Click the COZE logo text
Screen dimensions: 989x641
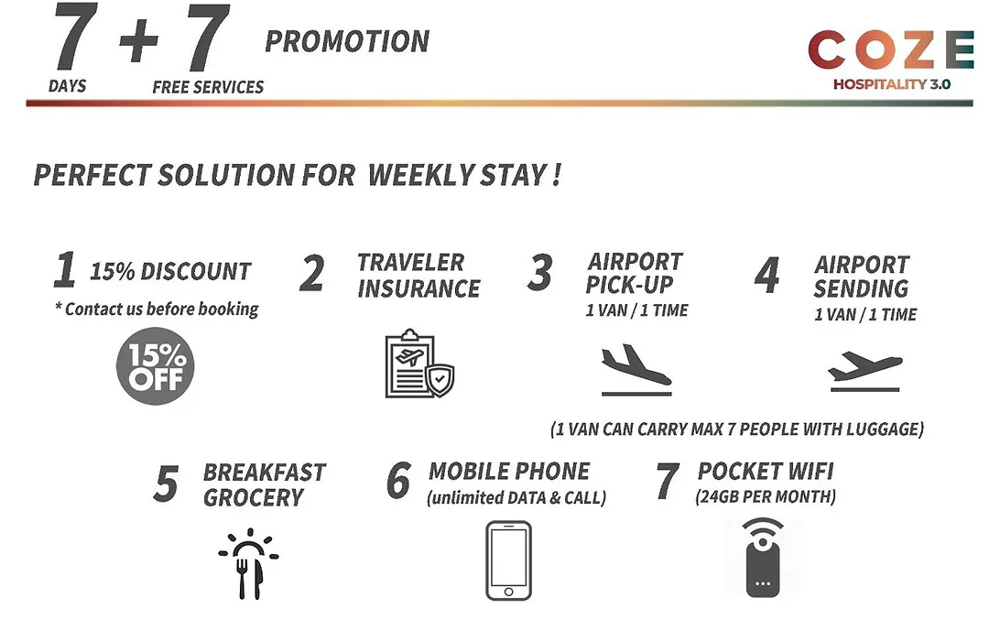[x=891, y=49]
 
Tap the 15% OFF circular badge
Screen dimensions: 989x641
[x=155, y=366]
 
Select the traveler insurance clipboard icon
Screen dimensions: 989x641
[x=419, y=364]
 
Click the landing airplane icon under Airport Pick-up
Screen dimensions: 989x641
[x=636, y=370]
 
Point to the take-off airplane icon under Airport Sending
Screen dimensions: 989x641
[x=864, y=371]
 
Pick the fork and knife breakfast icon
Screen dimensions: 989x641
[x=248, y=563]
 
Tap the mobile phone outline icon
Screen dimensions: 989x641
[x=508, y=560]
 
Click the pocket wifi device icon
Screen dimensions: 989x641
[x=763, y=558]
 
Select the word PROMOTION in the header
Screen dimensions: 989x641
[x=347, y=41]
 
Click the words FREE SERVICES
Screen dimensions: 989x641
[x=208, y=87]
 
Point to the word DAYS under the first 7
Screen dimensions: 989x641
[x=68, y=86]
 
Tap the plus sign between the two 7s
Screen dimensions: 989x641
[x=139, y=40]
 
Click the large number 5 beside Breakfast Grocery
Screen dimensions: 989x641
[x=167, y=483]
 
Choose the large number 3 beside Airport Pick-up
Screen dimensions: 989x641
[x=540, y=273]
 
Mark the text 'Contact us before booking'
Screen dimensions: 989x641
[x=161, y=310]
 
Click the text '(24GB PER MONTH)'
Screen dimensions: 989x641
[x=766, y=496]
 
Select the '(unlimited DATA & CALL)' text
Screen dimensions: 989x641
[x=516, y=498]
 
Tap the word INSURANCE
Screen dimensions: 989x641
[x=418, y=289]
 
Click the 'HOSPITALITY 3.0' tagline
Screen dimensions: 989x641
[x=892, y=84]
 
